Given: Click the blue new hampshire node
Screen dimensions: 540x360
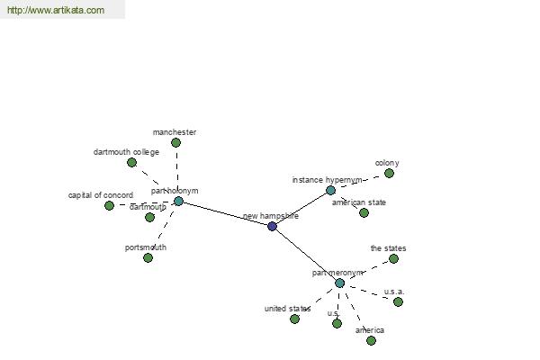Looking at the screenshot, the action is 272,226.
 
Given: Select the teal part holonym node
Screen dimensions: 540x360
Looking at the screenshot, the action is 178,202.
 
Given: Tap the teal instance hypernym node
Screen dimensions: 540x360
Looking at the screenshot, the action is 330,190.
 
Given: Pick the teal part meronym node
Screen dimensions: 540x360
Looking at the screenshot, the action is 339,283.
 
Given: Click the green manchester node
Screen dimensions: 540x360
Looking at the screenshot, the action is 176,142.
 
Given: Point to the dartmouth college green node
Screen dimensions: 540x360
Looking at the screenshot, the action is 132,162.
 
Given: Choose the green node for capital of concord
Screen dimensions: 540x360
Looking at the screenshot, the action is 109,206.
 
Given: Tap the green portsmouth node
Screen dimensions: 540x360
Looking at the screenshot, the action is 148,257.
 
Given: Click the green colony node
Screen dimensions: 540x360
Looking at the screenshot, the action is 389,174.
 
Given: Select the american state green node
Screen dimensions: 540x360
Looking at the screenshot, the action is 364,213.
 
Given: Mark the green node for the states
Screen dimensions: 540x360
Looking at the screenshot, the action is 393,258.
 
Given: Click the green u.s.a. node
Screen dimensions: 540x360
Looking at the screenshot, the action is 398,302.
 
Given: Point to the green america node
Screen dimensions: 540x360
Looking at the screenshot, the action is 371,341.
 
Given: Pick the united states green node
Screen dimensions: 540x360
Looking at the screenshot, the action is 294,319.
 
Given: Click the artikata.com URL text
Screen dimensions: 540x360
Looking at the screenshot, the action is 56,10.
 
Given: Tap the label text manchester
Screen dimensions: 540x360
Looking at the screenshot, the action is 175,132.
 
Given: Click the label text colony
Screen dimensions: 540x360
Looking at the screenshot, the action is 387,163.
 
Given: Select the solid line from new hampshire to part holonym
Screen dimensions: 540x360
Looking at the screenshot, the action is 225,213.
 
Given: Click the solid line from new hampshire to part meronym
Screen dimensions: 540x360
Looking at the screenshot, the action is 306,255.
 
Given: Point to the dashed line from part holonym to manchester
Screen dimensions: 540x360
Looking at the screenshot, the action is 177,169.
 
